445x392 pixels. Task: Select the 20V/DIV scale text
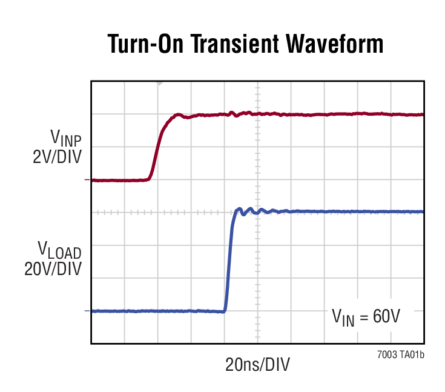coord(53,268)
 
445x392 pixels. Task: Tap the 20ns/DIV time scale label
coord(257,365)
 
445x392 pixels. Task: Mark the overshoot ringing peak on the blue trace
coord(239,208)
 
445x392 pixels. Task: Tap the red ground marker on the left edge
coord(88,180)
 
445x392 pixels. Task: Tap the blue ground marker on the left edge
coord(88,311)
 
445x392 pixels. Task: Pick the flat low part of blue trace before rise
coord(157,311)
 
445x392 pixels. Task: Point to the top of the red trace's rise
coord(177,115)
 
